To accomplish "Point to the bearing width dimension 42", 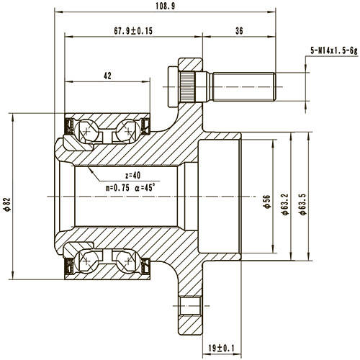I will pyautogui.click(x=107, y=76).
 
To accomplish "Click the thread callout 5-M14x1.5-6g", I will pyautogui.click(x=332, y=50).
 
